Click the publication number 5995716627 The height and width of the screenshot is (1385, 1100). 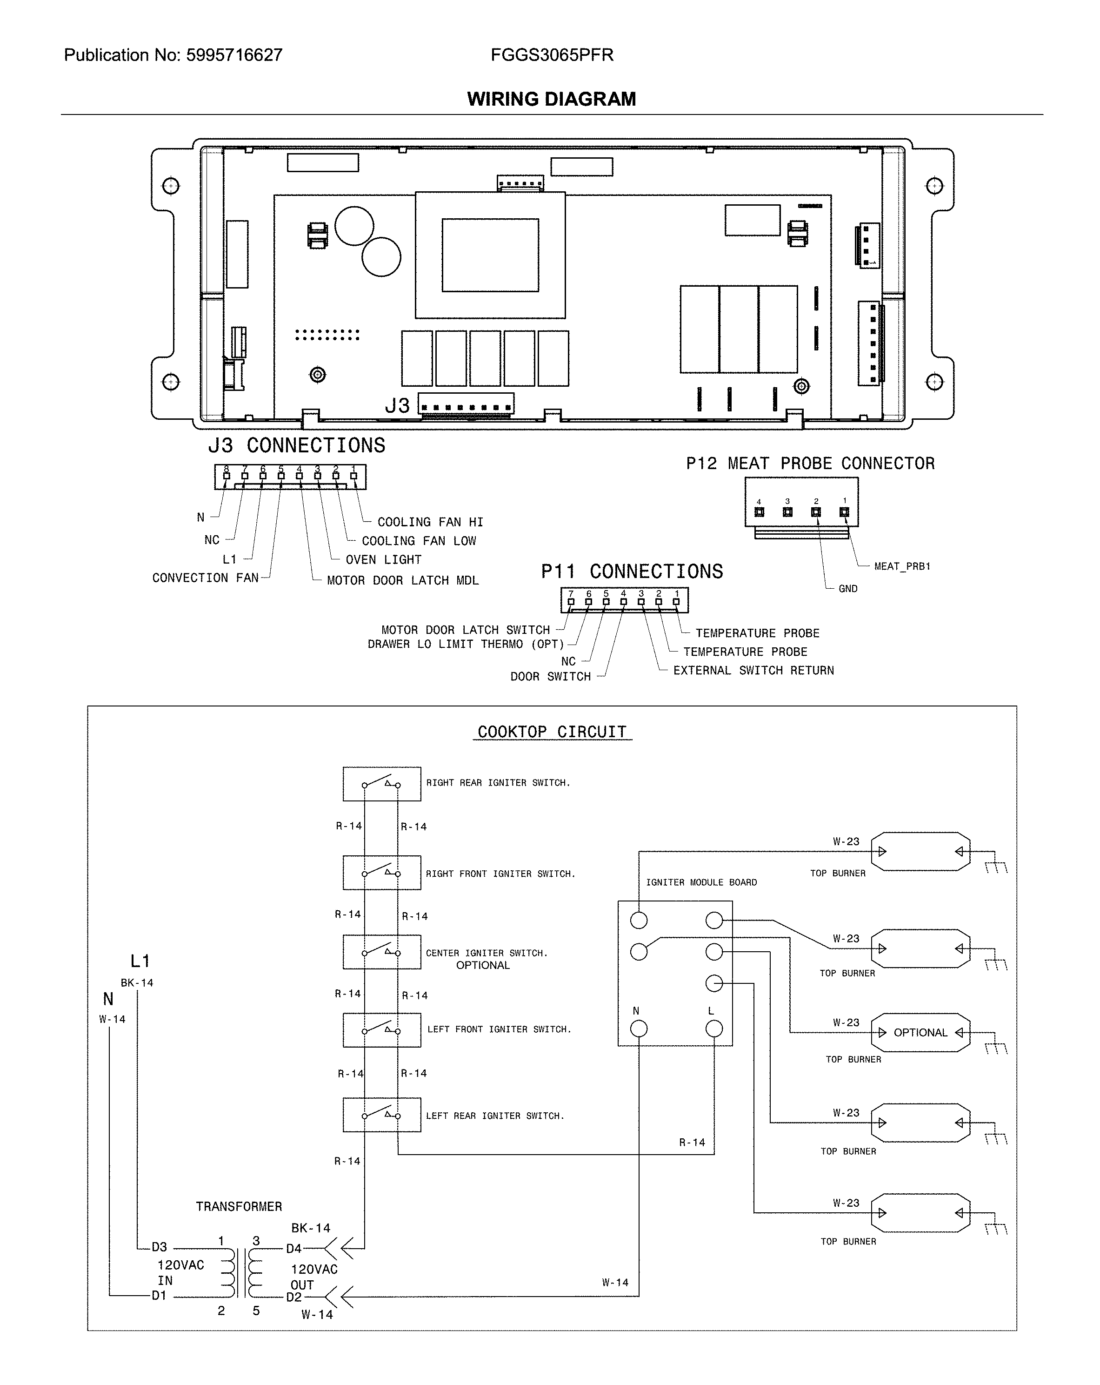click(234, 55)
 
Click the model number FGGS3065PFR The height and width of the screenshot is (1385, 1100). click(552, 55)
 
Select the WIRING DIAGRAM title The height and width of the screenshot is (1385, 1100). click(551, 99)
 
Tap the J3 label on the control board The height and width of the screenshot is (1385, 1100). click(397, 406)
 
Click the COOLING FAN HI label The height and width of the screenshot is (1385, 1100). click(430, 522)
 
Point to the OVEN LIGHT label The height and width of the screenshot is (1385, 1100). click(383, 559)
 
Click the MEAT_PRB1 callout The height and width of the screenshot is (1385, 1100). click(901, 566)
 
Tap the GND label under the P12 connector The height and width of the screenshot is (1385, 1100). click(847, 588)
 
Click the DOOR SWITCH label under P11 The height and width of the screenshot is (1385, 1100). click(550, 676)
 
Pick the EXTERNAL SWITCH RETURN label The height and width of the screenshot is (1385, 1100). click(753, 671)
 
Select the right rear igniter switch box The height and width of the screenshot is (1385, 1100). click(381, 784)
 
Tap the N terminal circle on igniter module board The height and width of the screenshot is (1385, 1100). click(638, 1029)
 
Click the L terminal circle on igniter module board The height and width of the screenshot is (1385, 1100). click(713, 1029)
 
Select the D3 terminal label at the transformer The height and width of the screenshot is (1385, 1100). click(159, 1247)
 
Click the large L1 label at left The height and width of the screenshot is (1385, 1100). click(140, 961)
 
